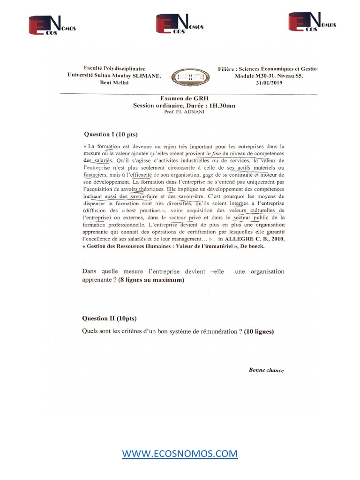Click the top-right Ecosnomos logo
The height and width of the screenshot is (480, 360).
[312, 22]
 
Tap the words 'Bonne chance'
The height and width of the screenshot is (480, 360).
[266, 370]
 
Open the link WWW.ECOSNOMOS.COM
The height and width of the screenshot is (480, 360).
[180, 454]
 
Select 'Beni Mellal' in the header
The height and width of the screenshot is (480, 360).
[114, 82]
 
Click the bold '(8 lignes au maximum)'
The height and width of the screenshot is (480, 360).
[151, 280]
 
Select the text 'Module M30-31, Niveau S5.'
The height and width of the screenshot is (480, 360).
[276, 75]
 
